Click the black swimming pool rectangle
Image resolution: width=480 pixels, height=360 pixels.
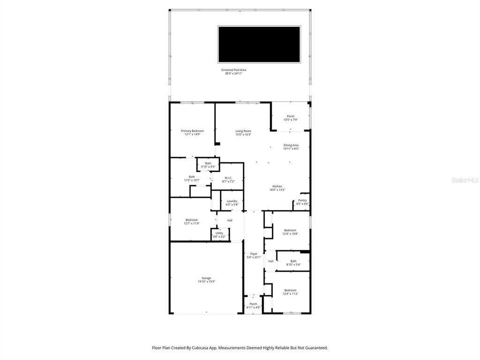pyautogui.click(x=259, y=44)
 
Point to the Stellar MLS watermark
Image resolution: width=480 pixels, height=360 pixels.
pyautogui.click(x=465, y=180)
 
